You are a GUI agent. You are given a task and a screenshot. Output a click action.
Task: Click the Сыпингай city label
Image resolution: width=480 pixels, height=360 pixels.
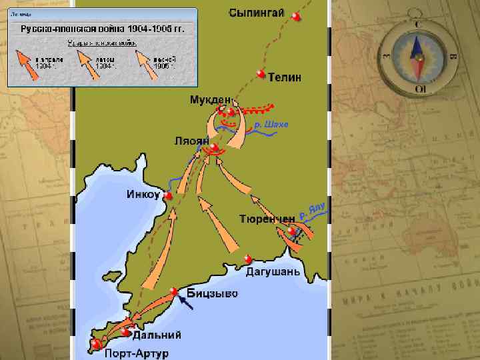(257, 12)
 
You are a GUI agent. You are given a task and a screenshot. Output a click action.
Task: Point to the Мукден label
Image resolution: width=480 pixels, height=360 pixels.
(211, 100)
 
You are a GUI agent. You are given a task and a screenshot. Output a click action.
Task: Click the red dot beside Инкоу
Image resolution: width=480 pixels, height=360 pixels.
(169, 197)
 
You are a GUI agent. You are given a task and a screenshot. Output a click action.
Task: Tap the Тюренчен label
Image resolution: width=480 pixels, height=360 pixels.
(267, 219)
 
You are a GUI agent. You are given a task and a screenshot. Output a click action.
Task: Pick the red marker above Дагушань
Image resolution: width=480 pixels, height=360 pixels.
(248, 259)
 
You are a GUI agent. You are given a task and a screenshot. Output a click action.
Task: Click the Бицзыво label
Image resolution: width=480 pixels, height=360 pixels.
(212, 293)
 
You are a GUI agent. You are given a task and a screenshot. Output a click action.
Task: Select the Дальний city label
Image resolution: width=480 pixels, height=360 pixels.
(157, 335)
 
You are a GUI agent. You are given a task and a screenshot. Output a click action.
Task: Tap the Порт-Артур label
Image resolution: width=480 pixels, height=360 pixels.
(136, 352)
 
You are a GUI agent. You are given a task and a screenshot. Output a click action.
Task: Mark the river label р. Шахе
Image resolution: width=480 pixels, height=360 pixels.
(271, 125)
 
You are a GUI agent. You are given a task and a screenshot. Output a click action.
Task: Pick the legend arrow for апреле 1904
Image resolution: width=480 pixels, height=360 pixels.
(25, 65)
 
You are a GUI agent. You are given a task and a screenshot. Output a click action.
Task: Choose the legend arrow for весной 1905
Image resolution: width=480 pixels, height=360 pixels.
(143, 65)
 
